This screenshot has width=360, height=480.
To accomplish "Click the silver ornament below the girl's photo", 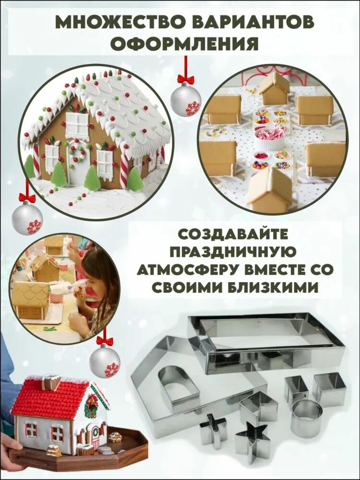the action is click(104, 361).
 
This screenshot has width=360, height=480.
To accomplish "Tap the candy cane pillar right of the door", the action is click(124, 171).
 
